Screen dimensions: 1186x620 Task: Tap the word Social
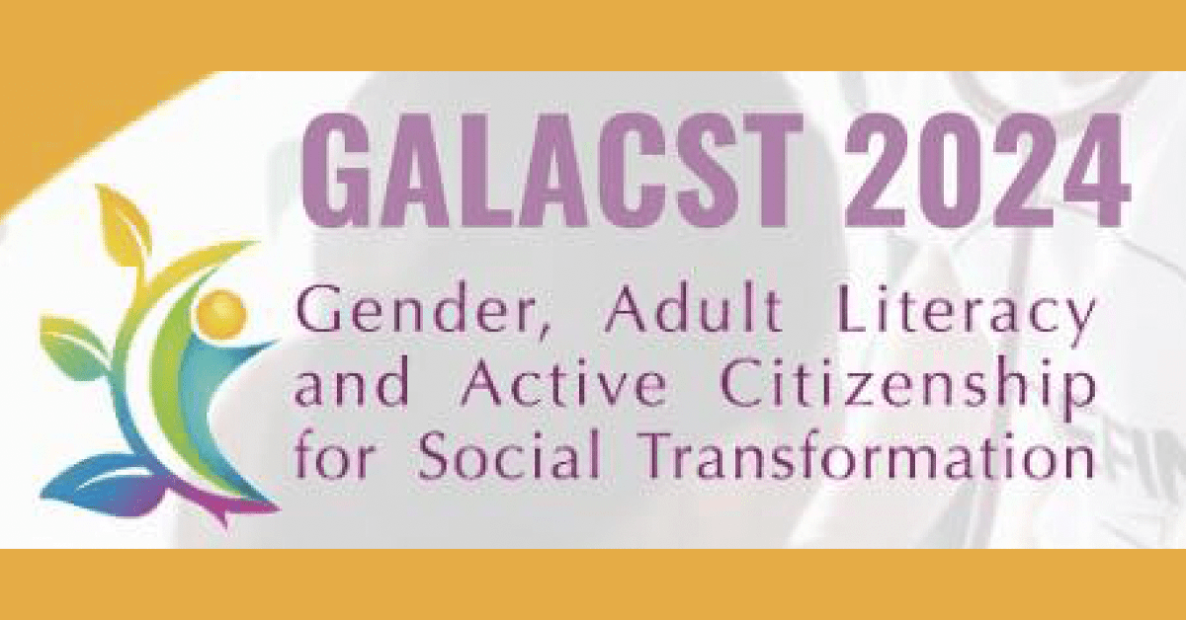[x=508, y=458]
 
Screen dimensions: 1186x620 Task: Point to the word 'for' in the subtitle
[x=331, y=458]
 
